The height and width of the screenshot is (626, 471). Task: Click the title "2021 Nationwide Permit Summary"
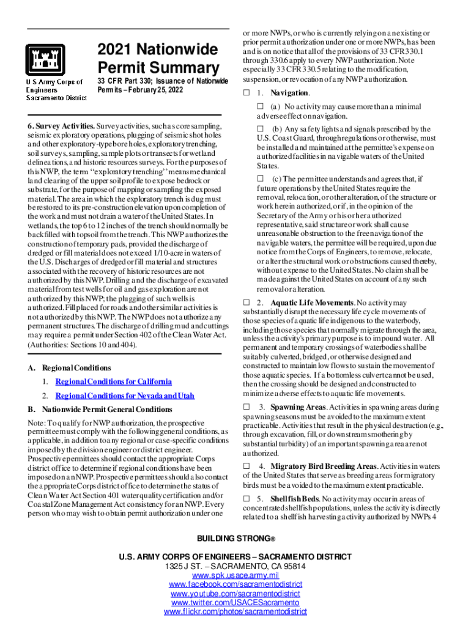157,59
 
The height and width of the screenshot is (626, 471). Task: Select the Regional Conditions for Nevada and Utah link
125,396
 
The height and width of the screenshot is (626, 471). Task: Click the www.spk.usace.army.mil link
236,575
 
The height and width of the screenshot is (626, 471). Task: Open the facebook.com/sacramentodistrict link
236,584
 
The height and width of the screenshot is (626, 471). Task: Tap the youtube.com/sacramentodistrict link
236,594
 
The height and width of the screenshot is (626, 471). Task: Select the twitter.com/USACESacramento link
236,603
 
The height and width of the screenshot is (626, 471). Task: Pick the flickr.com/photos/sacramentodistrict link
236,612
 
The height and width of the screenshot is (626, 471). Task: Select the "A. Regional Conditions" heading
69,368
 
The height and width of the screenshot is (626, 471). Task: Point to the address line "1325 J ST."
236,566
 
